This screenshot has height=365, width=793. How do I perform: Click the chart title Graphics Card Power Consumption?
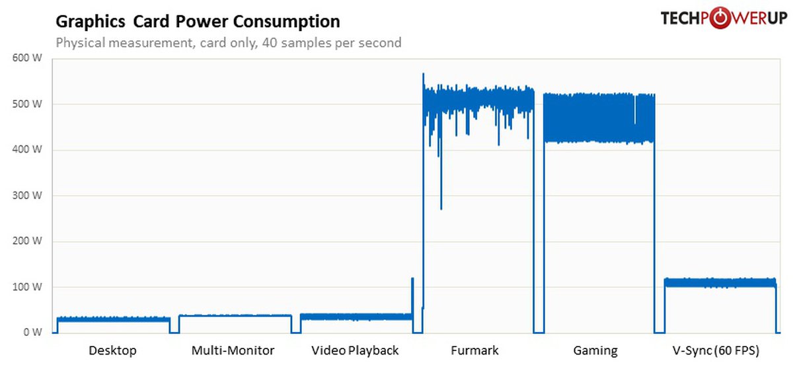(198, 22)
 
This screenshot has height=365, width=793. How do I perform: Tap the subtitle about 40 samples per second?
(229, 43)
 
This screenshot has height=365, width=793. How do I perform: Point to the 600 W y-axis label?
(28, 58)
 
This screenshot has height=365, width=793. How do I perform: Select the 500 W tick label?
(28, 104)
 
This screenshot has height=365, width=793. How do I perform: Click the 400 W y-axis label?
(28, 149)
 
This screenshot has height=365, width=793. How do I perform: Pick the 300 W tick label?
(28, 196)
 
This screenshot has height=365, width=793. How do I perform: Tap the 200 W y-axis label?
(28, 241)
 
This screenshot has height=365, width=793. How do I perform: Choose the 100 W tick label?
(28, 287)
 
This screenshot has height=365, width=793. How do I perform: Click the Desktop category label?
(112, 350)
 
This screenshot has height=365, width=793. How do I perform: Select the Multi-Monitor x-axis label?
(233, 350)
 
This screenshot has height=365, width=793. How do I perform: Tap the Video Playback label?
(355, 350)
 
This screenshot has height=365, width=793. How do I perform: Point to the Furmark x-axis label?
(474, 350)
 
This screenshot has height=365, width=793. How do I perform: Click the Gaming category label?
(595, 350)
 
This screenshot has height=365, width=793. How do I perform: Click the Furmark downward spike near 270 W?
(441, 206)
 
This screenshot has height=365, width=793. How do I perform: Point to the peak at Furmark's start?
(423, 75)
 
